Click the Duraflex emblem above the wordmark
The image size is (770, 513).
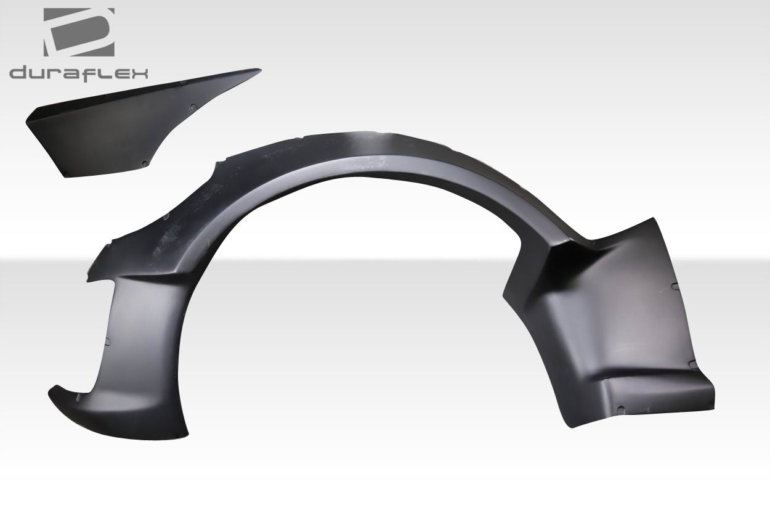[79, 33]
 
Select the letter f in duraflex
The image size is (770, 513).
[91, 73]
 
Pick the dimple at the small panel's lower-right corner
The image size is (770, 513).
[144, 164]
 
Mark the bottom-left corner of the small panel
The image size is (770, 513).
[65, 176]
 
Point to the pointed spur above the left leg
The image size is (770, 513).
[89, 279]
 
